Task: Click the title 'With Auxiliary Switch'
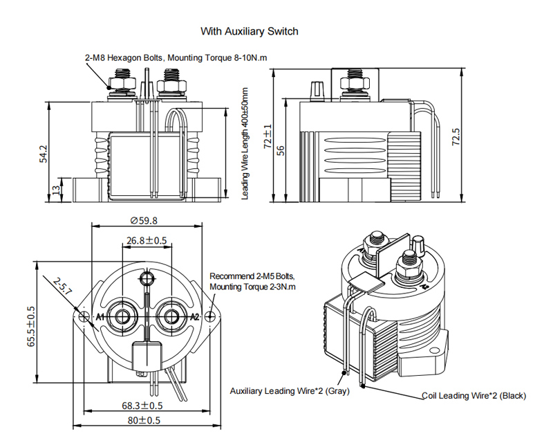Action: [249, 31]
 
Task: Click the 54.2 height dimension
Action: [43, 154]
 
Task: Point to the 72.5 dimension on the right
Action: [455, 136]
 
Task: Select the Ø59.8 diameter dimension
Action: [144, 221]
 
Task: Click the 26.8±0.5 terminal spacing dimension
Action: [147, 241]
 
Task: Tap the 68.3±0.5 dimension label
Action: [142, 406]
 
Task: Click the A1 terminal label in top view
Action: [100, 316]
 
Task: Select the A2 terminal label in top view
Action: [194, 316]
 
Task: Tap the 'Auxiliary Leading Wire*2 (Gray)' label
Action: [290, 391]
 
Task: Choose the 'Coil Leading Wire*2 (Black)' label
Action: [474, 396]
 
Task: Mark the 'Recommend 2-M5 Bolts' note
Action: [252, 280]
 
